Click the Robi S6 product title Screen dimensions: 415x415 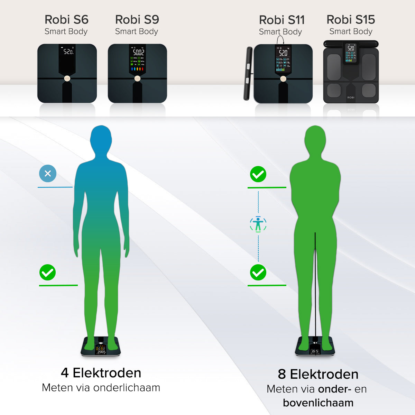click(x=66, y=20)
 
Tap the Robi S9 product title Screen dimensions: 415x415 click(x=137, y=20)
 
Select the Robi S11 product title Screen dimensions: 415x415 click(x=282, y=20)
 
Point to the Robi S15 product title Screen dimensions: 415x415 click(x=351, y=20)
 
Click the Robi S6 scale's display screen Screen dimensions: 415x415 click(x=68, y=52)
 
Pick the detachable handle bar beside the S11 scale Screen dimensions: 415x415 click(x=248, y=73)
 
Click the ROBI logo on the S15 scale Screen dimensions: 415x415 click(x=351, y=98)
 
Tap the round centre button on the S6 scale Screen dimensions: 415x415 click(x=67, y=79)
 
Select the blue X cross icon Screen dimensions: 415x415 click(x=48, y=174)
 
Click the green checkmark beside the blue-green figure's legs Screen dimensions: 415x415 click(x=47, y=273)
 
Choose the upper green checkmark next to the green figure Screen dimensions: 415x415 click(x=258, y=174)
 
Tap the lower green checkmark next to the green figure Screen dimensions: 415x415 click(x=258, y=273)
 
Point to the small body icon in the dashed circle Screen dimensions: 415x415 click(x=258, y=224)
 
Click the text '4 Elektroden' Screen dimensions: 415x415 click(x=101, y=373)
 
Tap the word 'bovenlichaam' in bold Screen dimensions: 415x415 click(x=318, y=403)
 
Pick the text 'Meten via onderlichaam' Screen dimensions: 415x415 click(x=101, y=388)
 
